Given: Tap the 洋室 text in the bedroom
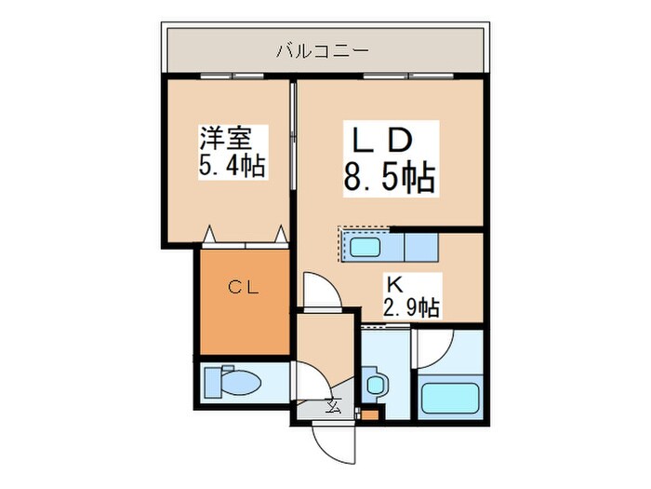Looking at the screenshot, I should [x=224, y=141].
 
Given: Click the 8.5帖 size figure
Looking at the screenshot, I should [x=389, y=176].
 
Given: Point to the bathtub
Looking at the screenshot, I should [x=450, y=398].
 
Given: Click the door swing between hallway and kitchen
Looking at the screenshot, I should [x=317, y=290].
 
